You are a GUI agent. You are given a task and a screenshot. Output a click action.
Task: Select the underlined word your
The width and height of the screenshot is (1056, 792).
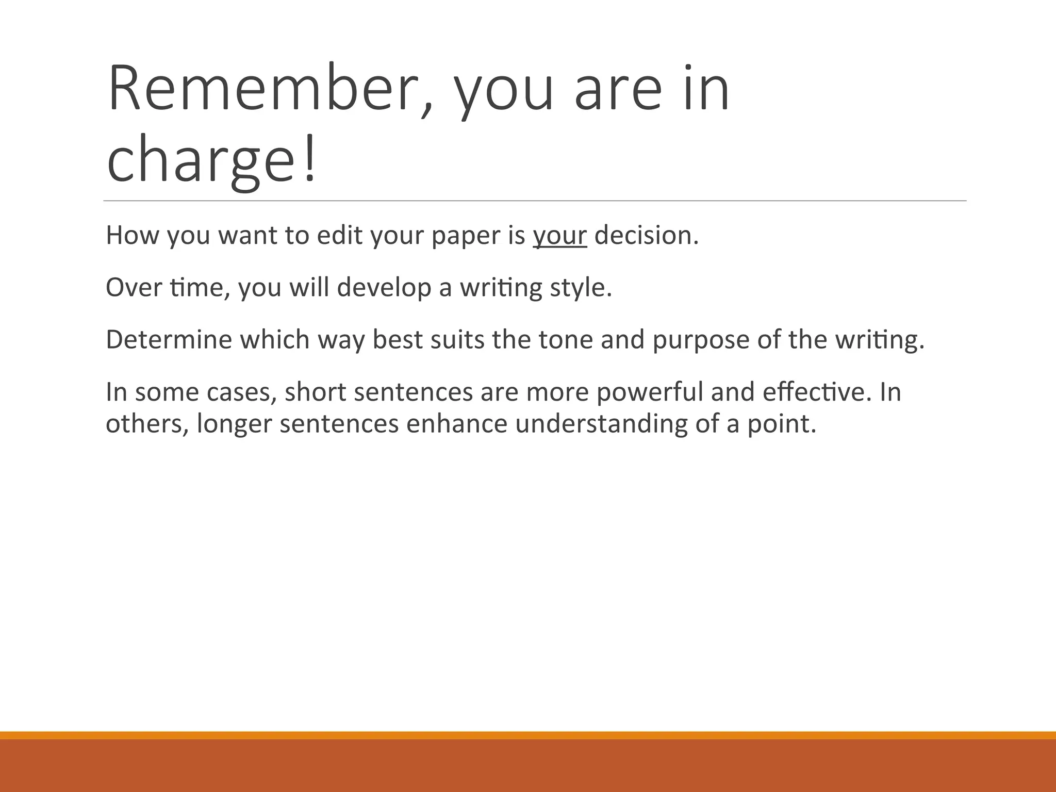559,236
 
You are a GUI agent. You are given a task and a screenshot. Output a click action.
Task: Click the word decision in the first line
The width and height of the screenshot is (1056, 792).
646,235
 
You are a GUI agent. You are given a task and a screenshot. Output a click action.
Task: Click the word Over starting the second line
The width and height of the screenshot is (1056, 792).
134,287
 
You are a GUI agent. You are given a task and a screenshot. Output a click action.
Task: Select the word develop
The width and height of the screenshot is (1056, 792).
384,288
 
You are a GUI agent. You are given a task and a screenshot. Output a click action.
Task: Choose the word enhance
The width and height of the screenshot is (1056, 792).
457,424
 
